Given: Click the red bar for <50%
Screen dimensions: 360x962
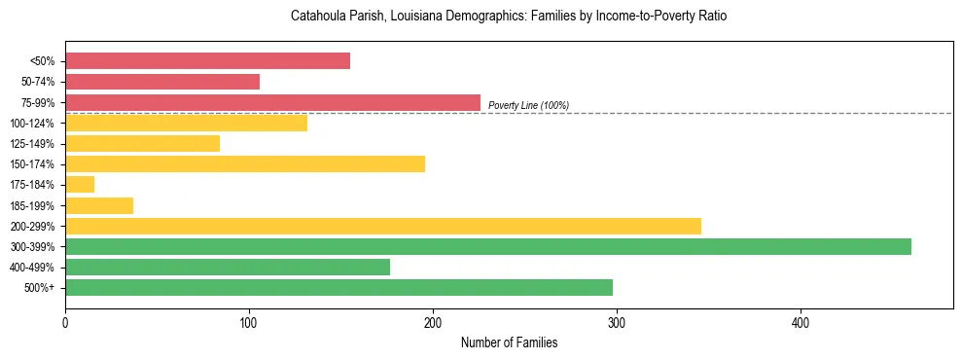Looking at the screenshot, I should (207, 61).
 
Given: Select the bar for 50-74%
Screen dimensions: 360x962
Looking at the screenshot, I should (162, 82).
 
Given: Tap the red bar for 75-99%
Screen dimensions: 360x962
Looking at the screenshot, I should (272, 102).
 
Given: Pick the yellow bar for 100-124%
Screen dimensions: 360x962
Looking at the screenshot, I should (186, 123).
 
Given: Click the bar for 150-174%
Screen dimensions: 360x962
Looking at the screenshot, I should (245, 163).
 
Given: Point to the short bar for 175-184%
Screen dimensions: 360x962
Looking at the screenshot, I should (80, 184).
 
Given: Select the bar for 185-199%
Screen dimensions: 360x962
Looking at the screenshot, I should (99, 205).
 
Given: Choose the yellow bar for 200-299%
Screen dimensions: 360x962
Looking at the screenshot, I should (383, 226).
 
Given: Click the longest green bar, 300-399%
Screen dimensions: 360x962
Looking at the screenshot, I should (488, 246).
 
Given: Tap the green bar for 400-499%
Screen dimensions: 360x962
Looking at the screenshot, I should (228, 267).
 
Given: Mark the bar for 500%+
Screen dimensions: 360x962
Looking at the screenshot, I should (338, 287).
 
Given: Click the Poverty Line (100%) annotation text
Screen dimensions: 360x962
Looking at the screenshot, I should (528, 105).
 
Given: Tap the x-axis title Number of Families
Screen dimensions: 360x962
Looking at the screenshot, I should (509, 342).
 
